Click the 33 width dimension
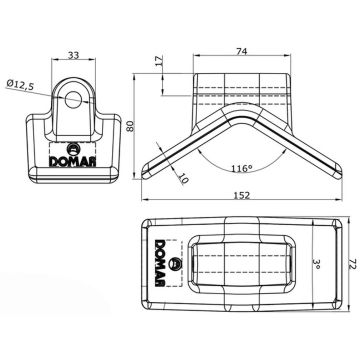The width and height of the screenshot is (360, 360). click(73, 55)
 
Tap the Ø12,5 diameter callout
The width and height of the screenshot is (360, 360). click(20, 84)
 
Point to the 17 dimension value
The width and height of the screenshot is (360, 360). click(159, 61)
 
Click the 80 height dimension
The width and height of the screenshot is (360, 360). click(130, 126)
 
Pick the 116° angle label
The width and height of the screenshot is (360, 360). click(242, 168)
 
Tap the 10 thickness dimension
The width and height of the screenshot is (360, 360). click(183, 179)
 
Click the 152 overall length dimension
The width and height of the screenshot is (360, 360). click(242, 195)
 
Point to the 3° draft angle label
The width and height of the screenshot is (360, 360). click(317, 265)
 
